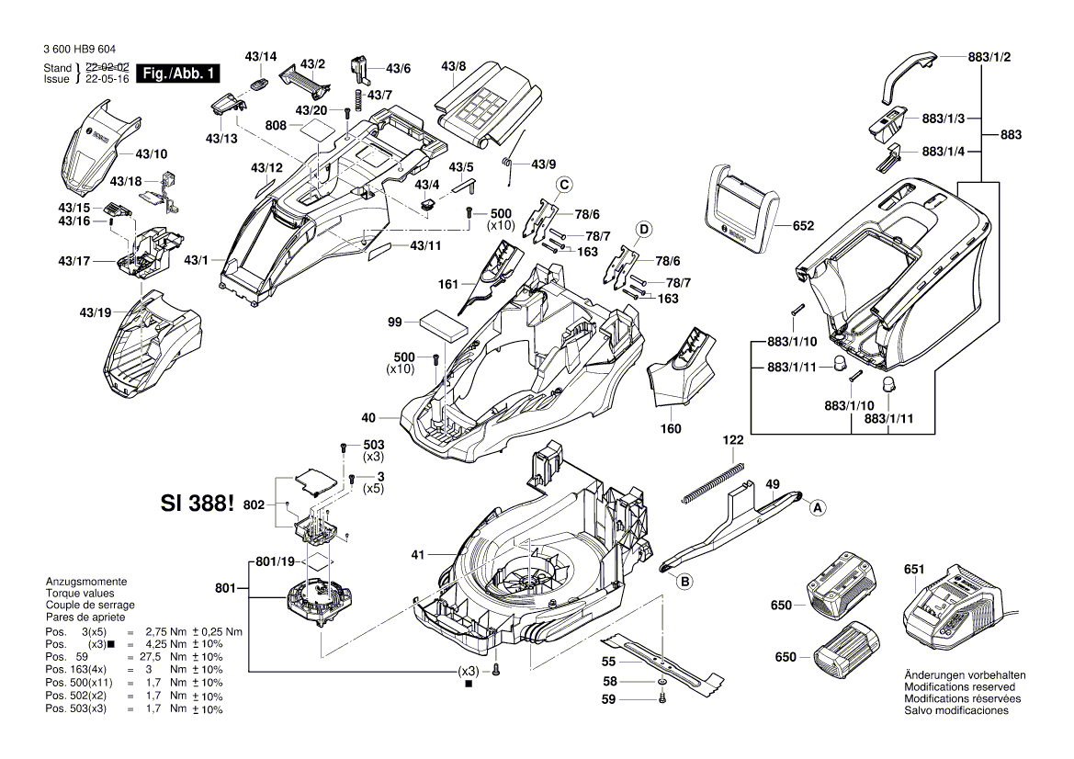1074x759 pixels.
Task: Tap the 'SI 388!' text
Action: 198,504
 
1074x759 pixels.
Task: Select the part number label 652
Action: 803,225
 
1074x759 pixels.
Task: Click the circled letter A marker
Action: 816,504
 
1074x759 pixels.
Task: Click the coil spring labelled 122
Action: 712,483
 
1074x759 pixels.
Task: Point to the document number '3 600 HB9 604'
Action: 79,50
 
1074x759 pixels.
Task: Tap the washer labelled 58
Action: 662,683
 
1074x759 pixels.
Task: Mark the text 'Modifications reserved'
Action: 959,686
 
